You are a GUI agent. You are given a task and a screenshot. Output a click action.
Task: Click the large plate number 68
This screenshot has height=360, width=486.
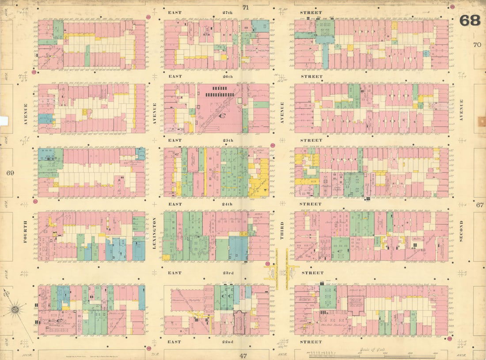469,20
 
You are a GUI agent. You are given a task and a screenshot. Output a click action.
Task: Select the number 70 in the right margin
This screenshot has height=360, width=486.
477,44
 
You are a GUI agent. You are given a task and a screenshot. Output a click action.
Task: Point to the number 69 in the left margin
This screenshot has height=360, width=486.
10,173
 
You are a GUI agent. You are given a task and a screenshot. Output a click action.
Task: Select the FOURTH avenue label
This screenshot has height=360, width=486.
25,231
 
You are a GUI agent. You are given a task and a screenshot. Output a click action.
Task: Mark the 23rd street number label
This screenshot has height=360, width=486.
228,273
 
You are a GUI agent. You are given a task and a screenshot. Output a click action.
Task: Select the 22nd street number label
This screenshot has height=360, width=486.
228,341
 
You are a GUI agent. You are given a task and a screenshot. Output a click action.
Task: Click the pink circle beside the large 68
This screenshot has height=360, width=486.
452,8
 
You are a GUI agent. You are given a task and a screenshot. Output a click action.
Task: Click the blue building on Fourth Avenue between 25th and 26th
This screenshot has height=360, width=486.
45,118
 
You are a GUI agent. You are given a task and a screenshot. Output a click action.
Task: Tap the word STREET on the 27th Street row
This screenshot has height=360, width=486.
312,13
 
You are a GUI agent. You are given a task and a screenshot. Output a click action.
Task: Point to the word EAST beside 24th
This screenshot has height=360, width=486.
175,204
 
